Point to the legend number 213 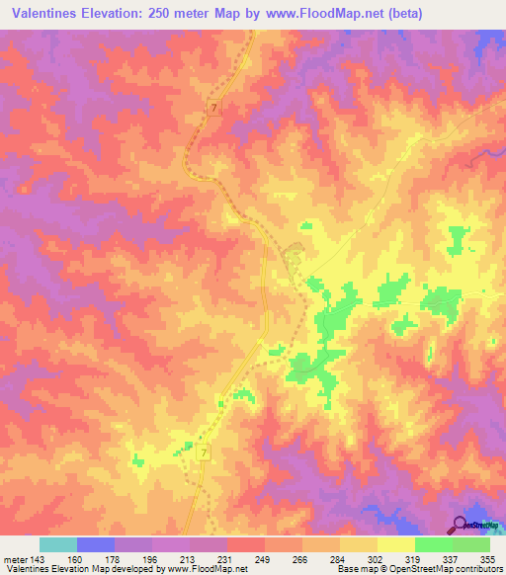point(190,557)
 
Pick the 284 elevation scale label point(339,557)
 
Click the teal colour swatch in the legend point(58,544)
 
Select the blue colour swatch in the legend point(96,544)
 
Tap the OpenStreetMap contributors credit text point(440,569)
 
